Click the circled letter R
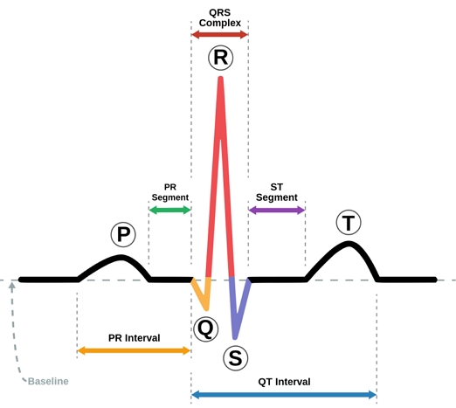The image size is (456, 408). [219, 58]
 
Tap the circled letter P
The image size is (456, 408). [123, 234]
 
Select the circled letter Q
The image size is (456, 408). [204, 328]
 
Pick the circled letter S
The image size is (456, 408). [235, 356]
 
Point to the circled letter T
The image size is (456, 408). [349, 223]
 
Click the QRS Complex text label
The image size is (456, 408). [219, 17]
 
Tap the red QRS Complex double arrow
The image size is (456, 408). [219, 34]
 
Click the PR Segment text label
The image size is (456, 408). [169, 192]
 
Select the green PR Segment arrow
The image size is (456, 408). [169, 210]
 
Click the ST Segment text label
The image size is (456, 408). [276, 192]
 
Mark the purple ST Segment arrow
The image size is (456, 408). [276, 210]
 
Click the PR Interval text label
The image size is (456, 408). [134, 337]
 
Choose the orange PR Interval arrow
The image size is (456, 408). [134, 350]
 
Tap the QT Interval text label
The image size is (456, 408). [283, 382]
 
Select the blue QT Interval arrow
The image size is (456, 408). [283, 395]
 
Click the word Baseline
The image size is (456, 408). [47, 382]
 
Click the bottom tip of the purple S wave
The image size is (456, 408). [236, 336]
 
